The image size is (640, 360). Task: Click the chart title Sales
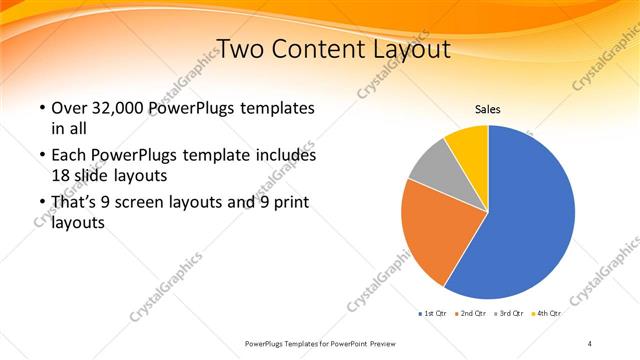coord(487,109)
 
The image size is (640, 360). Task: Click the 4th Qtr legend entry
coord(548,314)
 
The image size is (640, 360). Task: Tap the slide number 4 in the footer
coord(590,343)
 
